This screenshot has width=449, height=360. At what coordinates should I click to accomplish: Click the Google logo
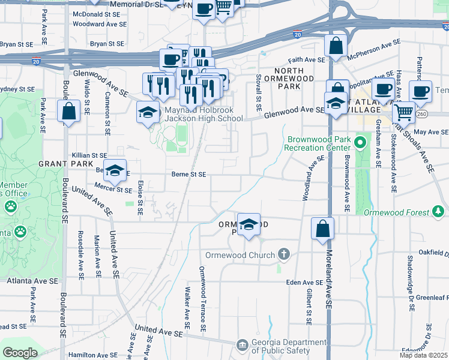pyautogui.click(x=20, y=353)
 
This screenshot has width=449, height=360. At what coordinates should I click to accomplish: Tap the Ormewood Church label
pyautogui.click(x=240, y=255)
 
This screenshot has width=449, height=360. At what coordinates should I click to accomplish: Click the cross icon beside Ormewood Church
pyautogui.click(x=284, y=255)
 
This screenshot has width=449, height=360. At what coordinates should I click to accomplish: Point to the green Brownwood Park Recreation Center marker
pyautogui.click(x=360, y=143)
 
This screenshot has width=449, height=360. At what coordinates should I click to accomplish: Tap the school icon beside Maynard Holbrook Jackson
pyautogui.click(x=147, y=112)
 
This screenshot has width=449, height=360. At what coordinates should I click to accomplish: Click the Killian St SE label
pyautogui.click(x=89, y=155)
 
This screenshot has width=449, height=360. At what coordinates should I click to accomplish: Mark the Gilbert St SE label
pyautogui.click(x=308, y=306)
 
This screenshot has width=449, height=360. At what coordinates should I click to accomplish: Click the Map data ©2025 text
pyautogui.click(x=423, y=355)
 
